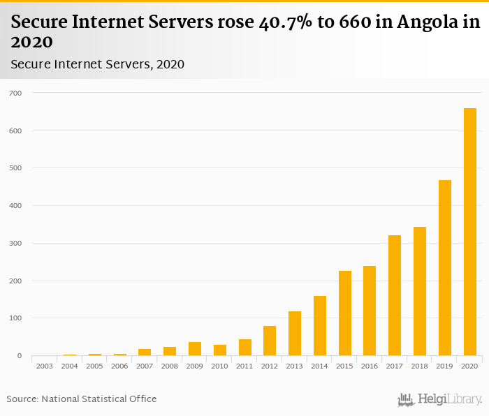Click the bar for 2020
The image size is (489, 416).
pyautogui.click(x=470, y=232)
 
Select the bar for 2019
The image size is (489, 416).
pyautogui.click(x=445, y=268)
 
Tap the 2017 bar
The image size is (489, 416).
pyautogui.click(x=395, y=295)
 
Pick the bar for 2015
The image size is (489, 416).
pyautogui.click(x=345, y=313)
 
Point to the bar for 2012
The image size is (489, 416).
pyautogui.click(x=270, y=341)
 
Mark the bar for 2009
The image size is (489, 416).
pyautogui.click(x=195, y=349)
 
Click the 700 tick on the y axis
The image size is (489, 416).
pyautogui.click(x=15, y=93)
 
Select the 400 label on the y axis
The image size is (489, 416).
pyautogui.click(x=15, y=206)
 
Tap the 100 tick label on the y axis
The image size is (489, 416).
pyautogui.click(x=15, y=318)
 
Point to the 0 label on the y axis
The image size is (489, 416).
pyautogui.click(x=20, y=356)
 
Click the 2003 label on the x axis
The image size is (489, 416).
pyautogui.click(x=44, y=366)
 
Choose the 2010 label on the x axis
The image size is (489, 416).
pyautogui.click(x=219, y=366)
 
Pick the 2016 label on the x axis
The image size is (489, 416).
pyautogui.click(x=370, y=366)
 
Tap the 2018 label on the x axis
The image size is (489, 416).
pyautogui.click(x=420, y=366)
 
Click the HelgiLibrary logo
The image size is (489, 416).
pyautogui.click(x=440, y=399)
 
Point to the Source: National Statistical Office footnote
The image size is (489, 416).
pyautogui.click(x=82, y=399)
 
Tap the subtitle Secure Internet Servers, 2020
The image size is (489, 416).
pyautogui.click(x=97, y=64)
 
